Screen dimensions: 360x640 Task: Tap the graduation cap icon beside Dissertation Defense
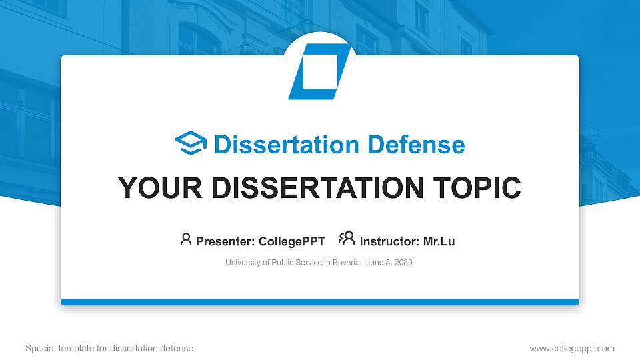coord(191,144)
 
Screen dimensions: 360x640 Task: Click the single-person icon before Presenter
coord(186,240)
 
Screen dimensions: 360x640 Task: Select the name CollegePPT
coord(291,241)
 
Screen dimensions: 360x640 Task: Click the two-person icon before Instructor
coord(347,239)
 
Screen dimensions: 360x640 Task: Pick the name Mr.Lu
coord(439,241)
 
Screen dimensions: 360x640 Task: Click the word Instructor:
coord(389,241)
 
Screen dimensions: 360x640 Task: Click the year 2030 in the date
coord(403,263)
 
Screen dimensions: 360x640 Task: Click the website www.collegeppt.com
coord(572,348)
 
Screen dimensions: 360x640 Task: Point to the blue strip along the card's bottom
coord(320,302)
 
